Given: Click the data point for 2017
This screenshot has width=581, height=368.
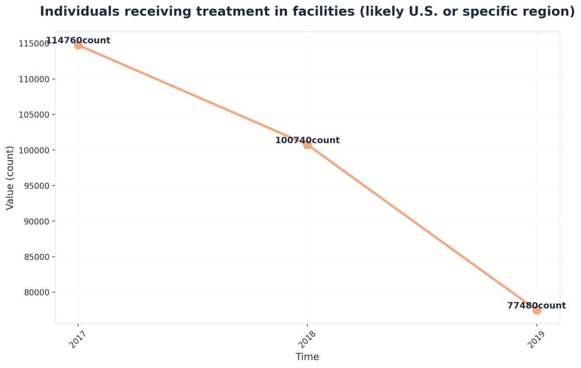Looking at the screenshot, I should coord(78,45).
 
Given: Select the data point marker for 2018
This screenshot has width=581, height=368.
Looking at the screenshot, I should coord(307,144).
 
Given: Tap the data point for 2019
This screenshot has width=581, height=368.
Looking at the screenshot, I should coord(536,310).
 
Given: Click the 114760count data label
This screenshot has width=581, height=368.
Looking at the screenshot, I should coord(78,41).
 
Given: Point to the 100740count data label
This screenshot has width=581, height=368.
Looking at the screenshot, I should coord(307,140).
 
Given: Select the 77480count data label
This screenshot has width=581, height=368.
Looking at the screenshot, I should coord(536,306).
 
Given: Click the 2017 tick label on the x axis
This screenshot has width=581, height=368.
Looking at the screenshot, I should coord(75,339).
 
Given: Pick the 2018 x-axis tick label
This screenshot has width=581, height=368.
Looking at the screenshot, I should coord(304,339).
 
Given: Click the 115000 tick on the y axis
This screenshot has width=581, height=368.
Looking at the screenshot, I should coord(33,44).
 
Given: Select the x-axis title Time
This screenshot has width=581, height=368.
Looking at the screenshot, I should coord(307,357).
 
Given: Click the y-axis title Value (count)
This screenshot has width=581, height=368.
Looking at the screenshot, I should coord(10,178).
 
